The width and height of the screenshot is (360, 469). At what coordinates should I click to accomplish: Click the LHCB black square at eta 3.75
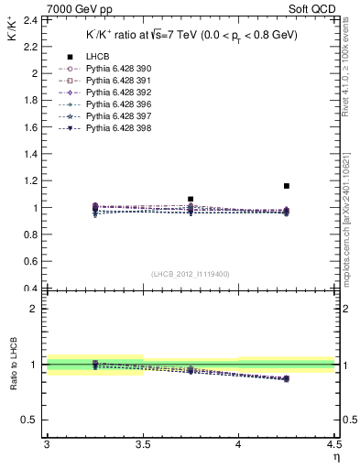point(191,199)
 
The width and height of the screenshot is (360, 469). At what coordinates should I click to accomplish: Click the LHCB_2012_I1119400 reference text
point(191,274)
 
